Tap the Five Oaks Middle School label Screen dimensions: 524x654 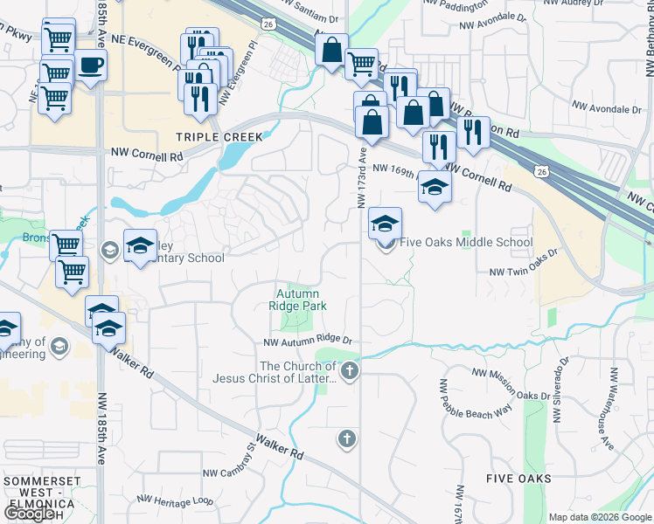click(x=466, y=243)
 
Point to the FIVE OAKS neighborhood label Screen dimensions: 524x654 click(x=519, y=479)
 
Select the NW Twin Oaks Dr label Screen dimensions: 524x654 click(x=524, y=272)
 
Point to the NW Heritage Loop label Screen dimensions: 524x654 click(x=174, y=500)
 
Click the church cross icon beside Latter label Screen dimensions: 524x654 click(x=350, y=370)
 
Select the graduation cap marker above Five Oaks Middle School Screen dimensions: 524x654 click(x=385, y=224)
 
